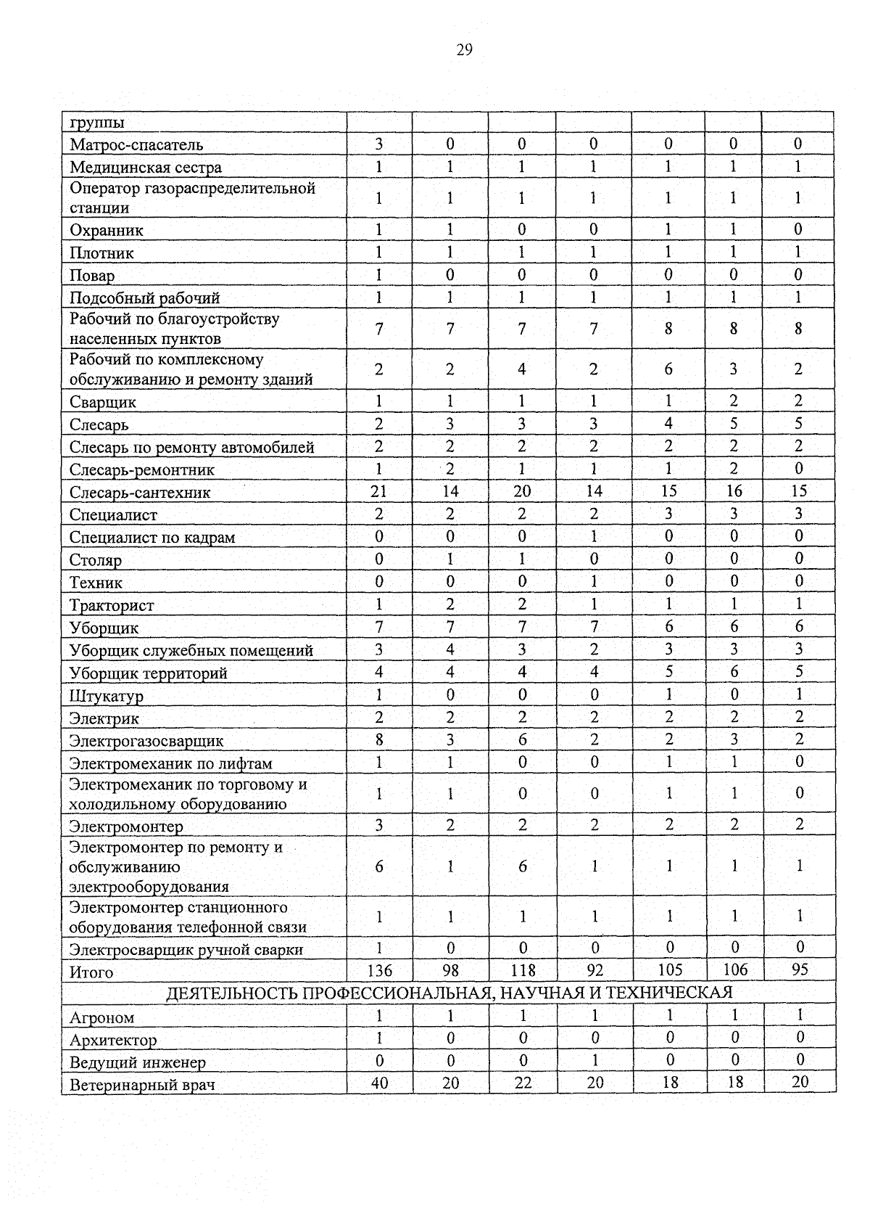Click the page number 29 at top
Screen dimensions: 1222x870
(x=465, y=50)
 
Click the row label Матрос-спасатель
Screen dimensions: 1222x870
(x=136, y=145)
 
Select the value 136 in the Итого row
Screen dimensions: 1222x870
(x=379, y=970)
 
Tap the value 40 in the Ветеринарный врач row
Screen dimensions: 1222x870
(x=379, y=1083)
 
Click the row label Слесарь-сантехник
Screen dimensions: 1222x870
(x=140, y=493)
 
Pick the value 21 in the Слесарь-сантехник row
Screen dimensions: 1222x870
(x=378, y=491)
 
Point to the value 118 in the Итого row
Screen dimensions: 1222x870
(x=523, y=970)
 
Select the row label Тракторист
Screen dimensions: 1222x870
(x=112, y=605)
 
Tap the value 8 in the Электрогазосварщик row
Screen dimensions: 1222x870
(x=378, y=739)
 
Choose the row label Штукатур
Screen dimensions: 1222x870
(x=107, y=696)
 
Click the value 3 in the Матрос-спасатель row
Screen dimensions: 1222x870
(x=378, y=144)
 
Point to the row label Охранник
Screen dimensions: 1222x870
(x=107, y=231)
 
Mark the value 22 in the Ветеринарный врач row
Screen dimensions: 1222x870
(x=523, y=1083)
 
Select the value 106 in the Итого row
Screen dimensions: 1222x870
(x=734, y=970)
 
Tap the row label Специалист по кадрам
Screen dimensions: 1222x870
(x=152, y=538)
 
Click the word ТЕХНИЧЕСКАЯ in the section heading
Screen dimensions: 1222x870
(x=668, y=993)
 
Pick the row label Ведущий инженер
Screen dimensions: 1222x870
(x=138, y=1062)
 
